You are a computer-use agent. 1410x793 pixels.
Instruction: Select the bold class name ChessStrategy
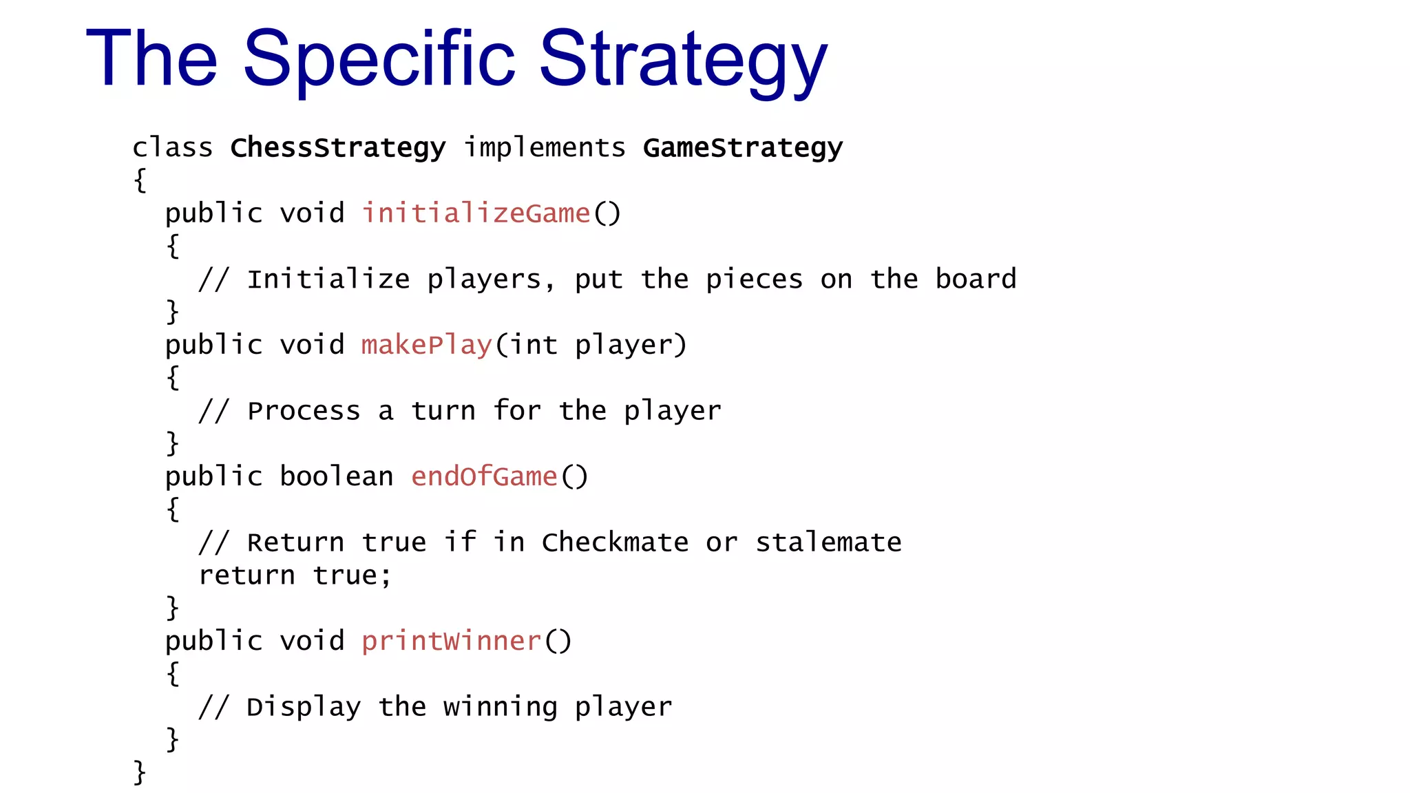coord(337,148)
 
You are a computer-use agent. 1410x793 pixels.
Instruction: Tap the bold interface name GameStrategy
coord(742,148)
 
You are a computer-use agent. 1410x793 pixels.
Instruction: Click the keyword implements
coord(544,147)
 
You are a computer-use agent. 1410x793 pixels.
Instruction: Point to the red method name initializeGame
coord(476,213)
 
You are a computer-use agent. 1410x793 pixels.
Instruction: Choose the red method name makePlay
coord(427,345)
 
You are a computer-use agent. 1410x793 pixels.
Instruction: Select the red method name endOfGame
coord(484,476)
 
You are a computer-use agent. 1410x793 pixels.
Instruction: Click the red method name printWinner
coord(451,641)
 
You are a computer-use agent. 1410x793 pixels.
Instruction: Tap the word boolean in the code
coord(336,476)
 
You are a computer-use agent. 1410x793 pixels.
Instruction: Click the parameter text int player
coord(590,345)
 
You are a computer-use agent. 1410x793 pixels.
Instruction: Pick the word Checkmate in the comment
coord(615,542)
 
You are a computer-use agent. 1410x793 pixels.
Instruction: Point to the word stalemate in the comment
coord(828,542)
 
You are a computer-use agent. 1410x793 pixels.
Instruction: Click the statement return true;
coord(295,575)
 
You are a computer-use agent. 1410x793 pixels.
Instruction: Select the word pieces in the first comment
coord(754,279)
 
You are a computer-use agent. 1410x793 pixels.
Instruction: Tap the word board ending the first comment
coord(976,279)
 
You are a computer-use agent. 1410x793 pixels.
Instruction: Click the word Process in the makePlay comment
coord(304,411)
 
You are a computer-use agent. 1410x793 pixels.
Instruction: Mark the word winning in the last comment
coord(500,707)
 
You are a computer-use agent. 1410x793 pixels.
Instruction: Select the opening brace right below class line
coord(140,180)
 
